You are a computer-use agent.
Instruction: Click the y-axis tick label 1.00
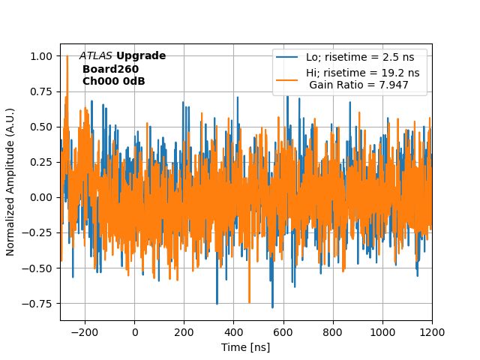click(42, 56)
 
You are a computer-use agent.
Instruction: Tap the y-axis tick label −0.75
click(39, 304)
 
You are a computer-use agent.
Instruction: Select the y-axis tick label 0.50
click(42, 127)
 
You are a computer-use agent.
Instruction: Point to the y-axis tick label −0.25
click(39, 233)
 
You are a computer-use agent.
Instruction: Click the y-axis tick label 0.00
click(42, 197)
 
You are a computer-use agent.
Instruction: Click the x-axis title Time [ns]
click(246, 347)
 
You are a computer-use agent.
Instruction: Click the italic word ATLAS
click(96, 56)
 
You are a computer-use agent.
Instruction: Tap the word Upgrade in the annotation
click(141, 56)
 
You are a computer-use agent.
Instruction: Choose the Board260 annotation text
click(110, 69)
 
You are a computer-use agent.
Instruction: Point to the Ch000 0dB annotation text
click(113, 81)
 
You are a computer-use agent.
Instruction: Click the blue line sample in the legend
click(287, 57)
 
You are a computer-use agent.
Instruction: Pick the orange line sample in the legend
click(287, 79)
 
